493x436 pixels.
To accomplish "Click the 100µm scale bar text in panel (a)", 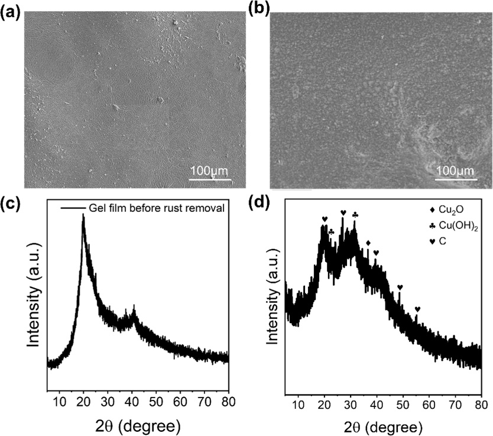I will (x=209, y=171).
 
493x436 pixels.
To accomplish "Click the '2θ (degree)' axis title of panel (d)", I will (x=383, y=426).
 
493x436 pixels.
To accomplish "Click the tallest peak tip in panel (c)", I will (x=83, y=215).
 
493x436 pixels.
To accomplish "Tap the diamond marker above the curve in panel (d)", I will (x=368, y=243).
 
